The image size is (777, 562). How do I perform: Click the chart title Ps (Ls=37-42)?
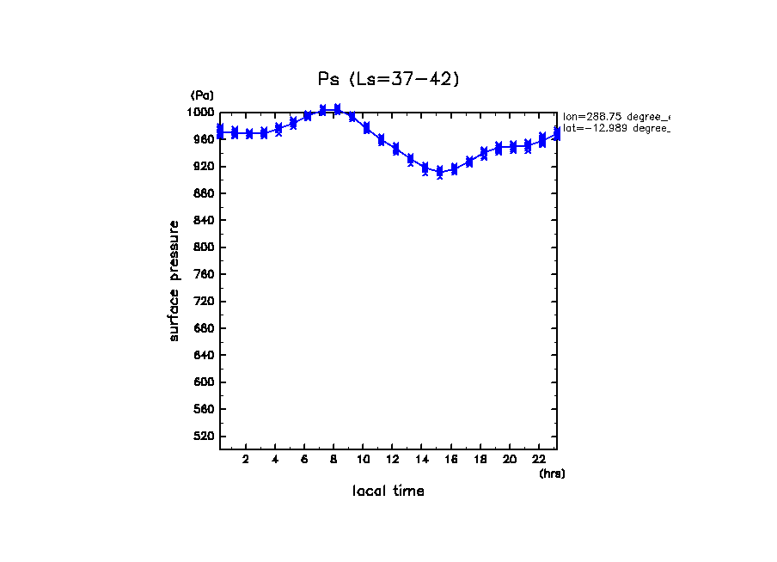pos(388,79)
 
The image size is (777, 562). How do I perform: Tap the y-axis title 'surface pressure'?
pos(174,280)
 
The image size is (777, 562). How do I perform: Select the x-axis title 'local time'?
pos(388,492)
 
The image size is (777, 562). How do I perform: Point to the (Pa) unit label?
pos(202,95)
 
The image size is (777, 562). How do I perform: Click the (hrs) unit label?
pos(552,473)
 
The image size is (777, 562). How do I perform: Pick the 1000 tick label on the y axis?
pos(201,113)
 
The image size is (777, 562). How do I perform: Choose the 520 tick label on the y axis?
pos(204,437)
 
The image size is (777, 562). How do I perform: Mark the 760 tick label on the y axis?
pos(204,275)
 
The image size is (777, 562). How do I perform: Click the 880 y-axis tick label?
pos(204,193)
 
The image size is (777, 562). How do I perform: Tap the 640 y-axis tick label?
pos(204,356)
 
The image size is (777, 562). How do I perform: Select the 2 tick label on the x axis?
pos(246,459)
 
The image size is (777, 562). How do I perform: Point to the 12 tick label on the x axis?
pos(392,459)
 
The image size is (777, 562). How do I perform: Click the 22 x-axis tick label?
pos(539,459)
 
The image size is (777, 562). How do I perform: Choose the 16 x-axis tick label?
pos(451,459)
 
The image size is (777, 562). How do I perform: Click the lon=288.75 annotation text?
pos(615,116)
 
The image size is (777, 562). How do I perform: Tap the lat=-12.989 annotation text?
pos(615,128)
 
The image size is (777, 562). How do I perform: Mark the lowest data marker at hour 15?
pos(439,173)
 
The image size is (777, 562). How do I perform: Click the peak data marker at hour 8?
pos(337,109)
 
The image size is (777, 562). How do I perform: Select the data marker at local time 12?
pos(395,149)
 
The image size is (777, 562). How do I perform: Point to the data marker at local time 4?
pos(278,130)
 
